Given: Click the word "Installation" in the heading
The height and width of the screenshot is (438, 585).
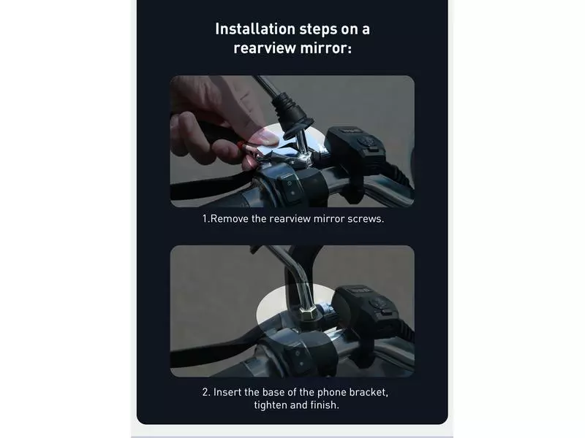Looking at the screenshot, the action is [255, 29].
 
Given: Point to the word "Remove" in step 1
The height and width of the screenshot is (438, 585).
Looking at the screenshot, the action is [229, 218].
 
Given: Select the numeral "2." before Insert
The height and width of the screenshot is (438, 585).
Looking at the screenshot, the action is [206, 392].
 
